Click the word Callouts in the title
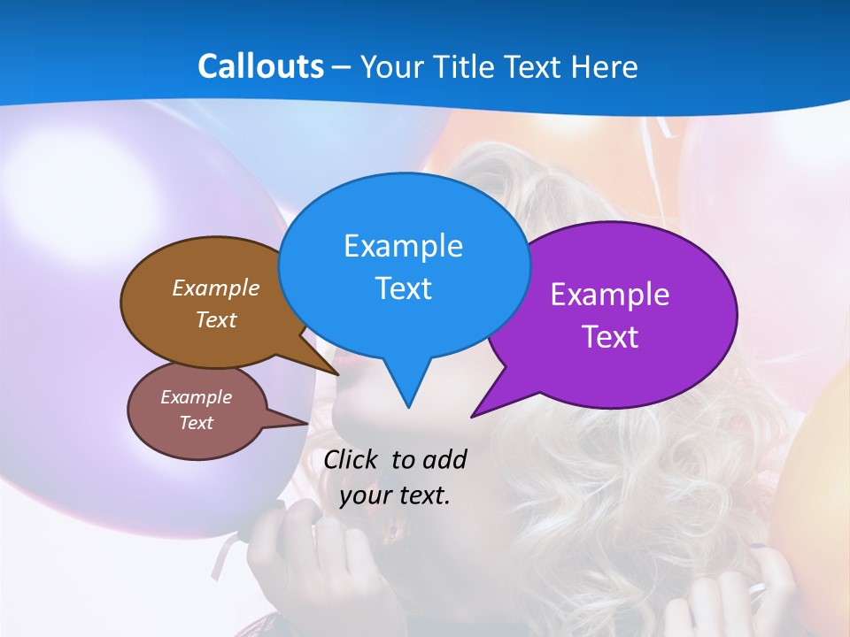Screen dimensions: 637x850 coord(260,66)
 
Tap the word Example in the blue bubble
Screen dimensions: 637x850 coord(403,245)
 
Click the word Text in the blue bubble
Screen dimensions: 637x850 coord(403,288)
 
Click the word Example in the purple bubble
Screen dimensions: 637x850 coord(610,295)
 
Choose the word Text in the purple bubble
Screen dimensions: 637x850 coord(610,337)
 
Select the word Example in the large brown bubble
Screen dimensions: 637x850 coord(216,288)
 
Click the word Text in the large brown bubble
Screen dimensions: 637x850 coord(216,319)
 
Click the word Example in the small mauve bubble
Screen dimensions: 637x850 coord(196,397)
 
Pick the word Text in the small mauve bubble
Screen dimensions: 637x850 coord(196,423)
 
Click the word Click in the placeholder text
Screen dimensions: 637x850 coord(352,459)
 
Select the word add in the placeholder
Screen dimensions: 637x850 coord(444,459)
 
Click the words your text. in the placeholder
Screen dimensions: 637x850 coord(395,495)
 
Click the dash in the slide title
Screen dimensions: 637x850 coord(343,67)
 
